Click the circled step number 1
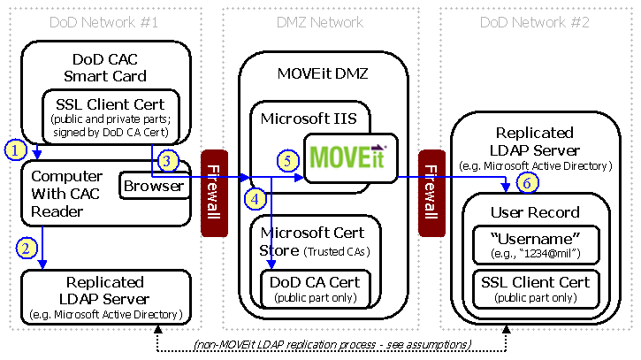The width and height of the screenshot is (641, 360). tap(14, 149)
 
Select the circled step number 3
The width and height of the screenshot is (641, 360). tap(170, 160)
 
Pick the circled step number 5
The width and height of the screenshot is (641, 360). tap(286, 160)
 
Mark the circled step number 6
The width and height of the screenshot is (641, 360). tap(526, 181)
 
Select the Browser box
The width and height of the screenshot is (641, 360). tap(154, 186)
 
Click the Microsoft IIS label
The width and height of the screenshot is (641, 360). tap(295, 117)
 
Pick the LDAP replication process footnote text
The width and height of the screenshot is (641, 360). tap(331, 342)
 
